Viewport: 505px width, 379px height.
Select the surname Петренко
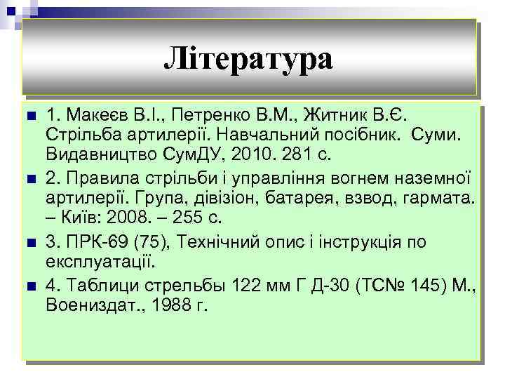click(x=221, y=115)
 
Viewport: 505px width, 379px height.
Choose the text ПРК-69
click(x=93, y=244)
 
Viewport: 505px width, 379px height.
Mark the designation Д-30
click(x=312, y=286)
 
